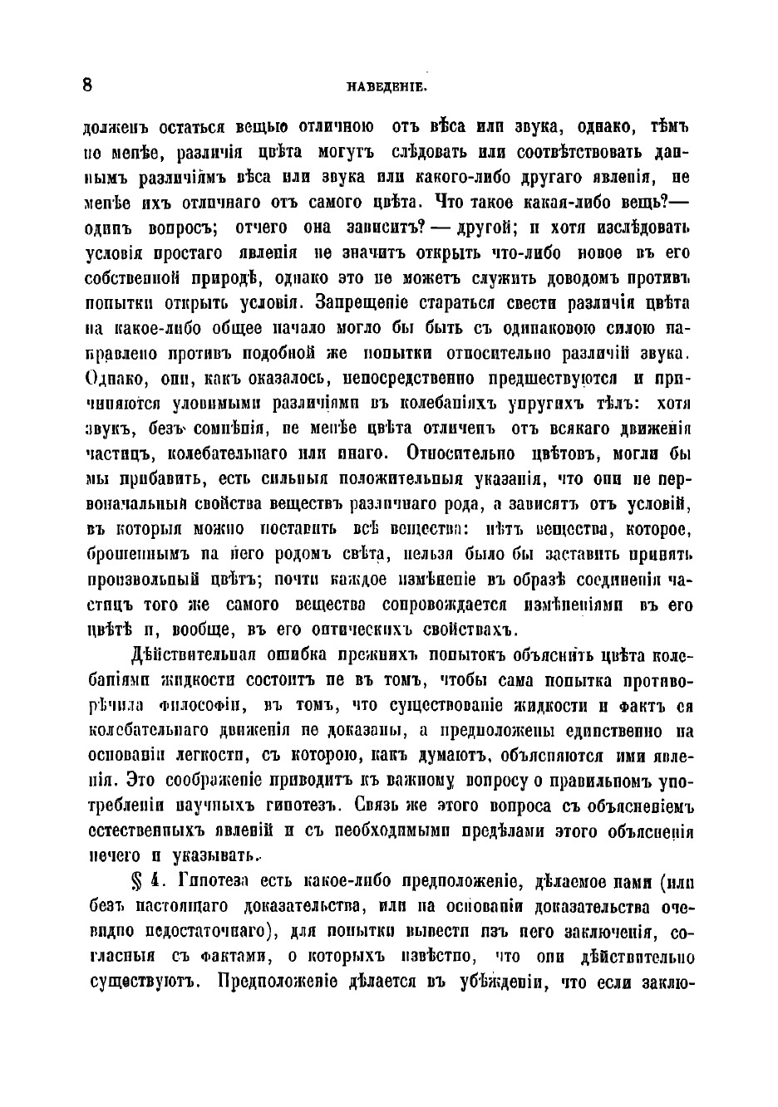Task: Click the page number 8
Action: coord(88,86)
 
